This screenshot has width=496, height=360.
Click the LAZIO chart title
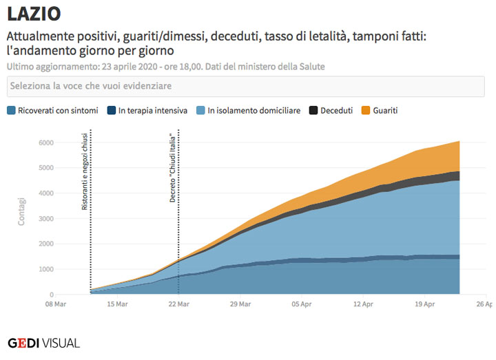click(x=34, y=13)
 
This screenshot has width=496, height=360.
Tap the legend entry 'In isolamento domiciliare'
click(x=248, y=110)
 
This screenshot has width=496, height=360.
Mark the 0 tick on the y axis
click(x=70, y=295)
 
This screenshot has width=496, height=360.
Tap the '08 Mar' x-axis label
click(x=56, y=304)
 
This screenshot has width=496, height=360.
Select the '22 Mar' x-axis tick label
click(x=178, y=304)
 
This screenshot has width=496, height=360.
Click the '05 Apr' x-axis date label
click(x=301, y=304)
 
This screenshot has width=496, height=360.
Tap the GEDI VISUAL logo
click(x=43, y=343)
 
